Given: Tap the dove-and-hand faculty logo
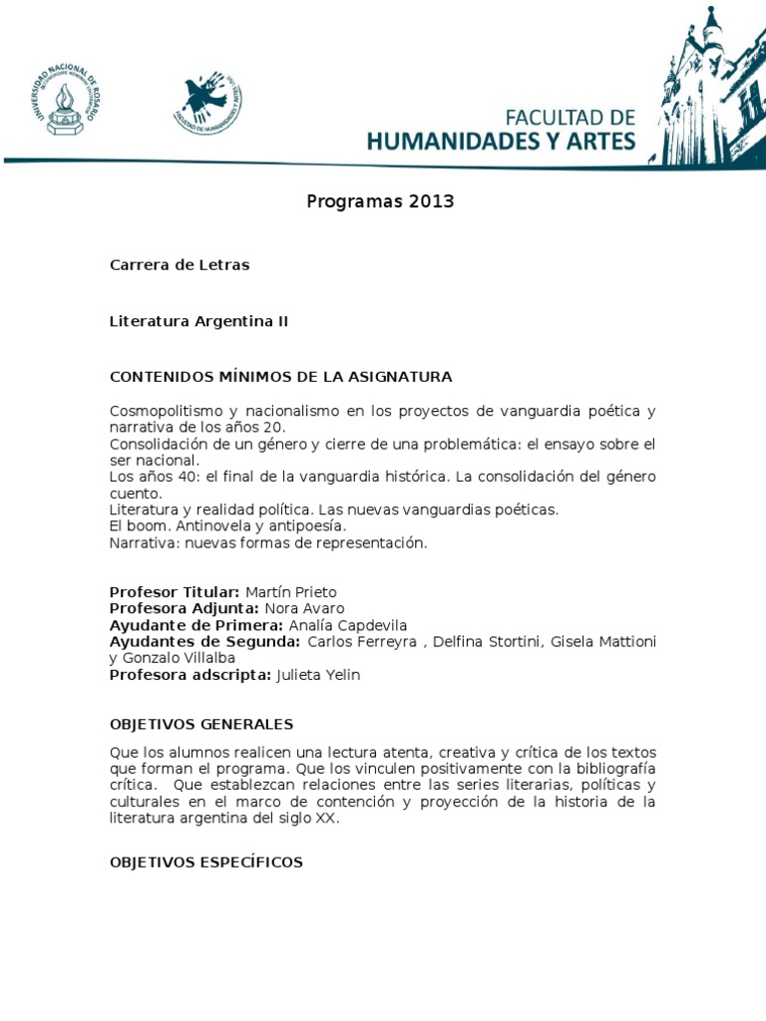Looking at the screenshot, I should click(207, 104).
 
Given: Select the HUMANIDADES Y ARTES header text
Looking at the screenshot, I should click(501, 141).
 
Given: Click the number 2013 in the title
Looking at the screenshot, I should click(431, 201).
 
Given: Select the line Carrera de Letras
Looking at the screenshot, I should click(180, 265).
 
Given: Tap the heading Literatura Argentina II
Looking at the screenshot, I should click(199, 321).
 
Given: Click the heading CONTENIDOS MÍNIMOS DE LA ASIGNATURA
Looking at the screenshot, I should click(280, 377).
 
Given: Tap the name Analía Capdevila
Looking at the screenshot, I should click(327, 625).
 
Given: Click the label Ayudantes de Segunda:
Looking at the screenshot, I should click(204, 641).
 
